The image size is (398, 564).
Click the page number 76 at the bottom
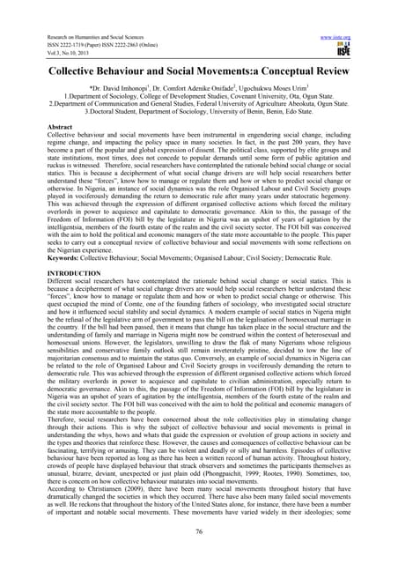click(x=199, y=535)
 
